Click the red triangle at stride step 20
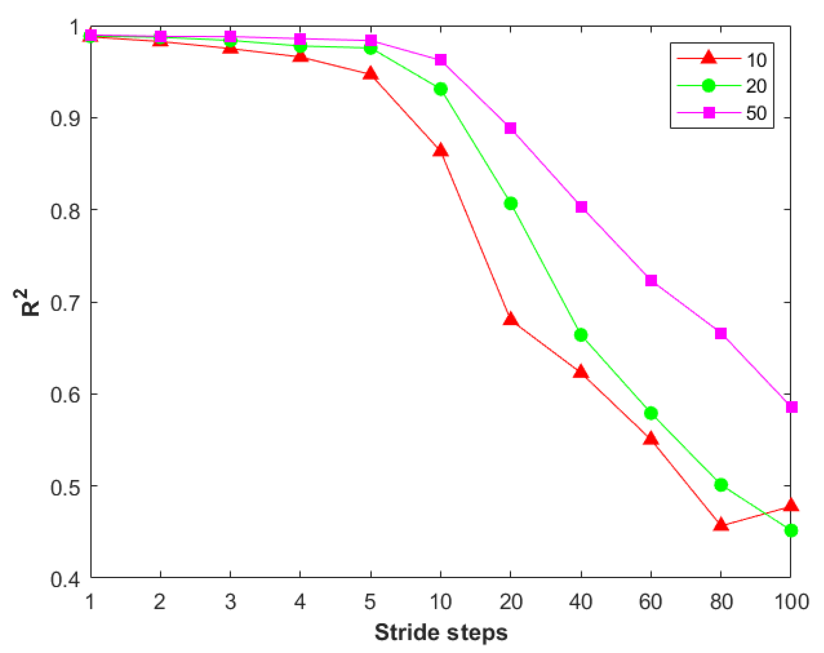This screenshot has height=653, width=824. coord(510,319)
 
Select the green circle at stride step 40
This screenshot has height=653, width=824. coord(581,335)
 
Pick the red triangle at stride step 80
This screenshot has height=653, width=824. coord(720,525)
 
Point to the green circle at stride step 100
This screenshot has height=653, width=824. coord(791,530)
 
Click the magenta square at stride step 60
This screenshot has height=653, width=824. coord(651,281)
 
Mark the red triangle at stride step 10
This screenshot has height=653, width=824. coord(440,150)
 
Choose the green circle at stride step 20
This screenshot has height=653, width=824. coord(510,204)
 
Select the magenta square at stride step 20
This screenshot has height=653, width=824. coord(510,128)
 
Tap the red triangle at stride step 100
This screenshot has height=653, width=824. coord(791,505)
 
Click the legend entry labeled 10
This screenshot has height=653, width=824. coord(756,60)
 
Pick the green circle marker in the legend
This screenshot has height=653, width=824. coord(708,86)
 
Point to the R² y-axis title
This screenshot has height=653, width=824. coord(30,303)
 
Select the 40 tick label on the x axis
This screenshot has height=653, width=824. coord(580,602)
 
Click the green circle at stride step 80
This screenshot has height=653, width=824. coord(721,485)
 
